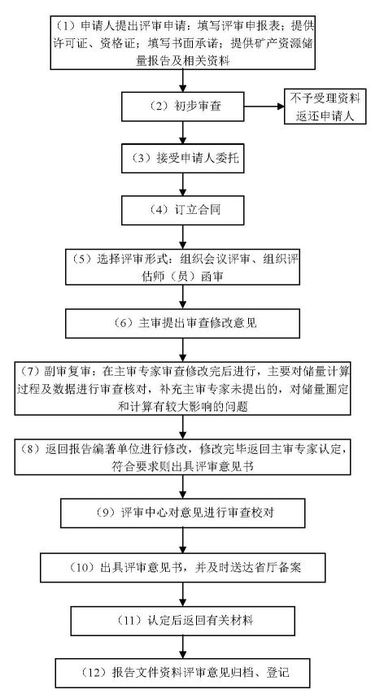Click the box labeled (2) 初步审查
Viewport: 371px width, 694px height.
point(183,107)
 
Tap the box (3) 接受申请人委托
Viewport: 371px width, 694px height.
point(183,158)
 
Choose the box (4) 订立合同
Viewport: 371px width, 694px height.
point(183,210)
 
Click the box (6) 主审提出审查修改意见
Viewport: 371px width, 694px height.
point(182,324)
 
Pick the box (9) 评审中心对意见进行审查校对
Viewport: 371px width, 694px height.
point(183,513)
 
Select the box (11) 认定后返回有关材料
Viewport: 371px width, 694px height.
point(183,621)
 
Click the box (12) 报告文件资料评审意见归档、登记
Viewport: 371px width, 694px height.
point(183,673)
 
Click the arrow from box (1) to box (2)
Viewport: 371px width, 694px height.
point(183,81)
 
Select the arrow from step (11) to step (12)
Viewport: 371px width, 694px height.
point(183,647)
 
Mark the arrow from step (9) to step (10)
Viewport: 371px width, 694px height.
point(183,539)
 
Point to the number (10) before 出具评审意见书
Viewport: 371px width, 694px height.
point(83,567)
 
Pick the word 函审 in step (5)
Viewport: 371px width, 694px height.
point(213,277)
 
